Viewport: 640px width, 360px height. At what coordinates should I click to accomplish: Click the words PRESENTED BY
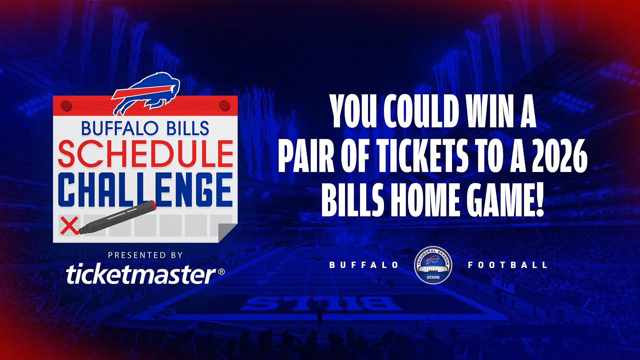[x=145, y=255]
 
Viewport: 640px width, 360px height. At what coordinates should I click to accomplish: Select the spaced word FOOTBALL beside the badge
[x=508, y=265]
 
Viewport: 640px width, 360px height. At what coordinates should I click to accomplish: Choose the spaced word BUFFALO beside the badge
[x=364, y=265]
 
